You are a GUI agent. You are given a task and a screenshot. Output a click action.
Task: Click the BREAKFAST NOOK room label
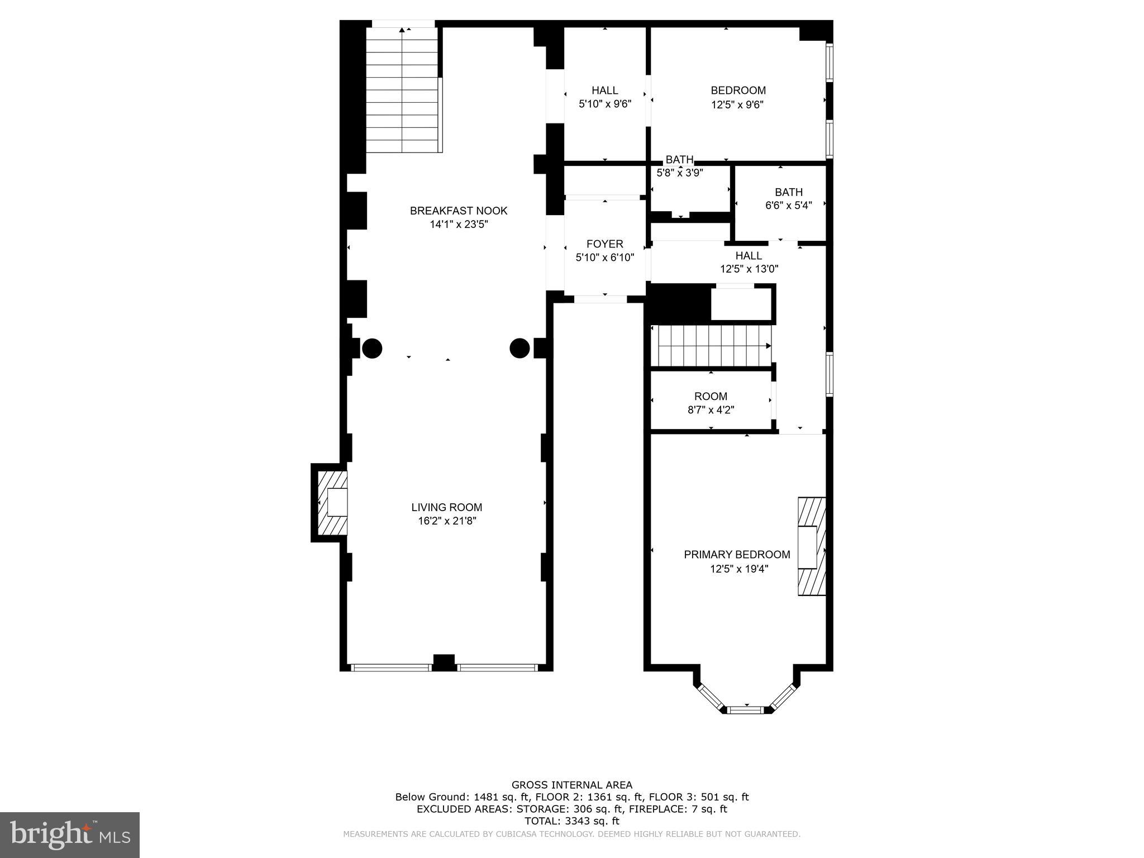click(459, 211)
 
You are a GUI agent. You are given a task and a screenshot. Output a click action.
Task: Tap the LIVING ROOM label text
click(446, 507)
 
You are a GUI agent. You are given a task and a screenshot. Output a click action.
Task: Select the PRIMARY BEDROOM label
click(737, 555)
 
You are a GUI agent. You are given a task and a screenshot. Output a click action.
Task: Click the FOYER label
click(604, 244)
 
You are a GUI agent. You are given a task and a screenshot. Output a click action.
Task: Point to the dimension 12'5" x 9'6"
click(737, 104)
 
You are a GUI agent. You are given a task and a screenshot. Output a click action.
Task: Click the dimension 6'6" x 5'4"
click(788, 205)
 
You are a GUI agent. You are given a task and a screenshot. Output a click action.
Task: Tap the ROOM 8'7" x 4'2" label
click(711, 403)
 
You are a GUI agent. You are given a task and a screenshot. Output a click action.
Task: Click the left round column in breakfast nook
click(372, 348)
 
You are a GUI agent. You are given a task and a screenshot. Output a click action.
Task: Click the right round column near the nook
click(519, 348)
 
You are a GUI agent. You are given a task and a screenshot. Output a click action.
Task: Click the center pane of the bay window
click(746, 709)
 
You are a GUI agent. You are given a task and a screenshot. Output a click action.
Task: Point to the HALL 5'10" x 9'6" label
click(605, 97)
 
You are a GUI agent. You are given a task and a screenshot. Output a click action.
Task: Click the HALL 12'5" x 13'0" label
click(749, 262)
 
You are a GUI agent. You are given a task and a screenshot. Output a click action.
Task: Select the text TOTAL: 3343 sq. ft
click(571, 821)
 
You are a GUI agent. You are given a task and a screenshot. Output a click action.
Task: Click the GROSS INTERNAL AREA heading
click(571, 785)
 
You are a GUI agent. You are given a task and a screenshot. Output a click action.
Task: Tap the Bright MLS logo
click(70, 834)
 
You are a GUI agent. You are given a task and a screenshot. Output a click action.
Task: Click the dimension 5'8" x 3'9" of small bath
click(679, 173)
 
